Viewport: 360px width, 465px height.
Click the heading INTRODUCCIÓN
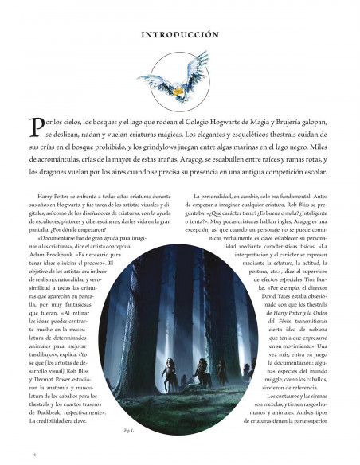(179, 35)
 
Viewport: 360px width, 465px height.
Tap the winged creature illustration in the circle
(179, 78)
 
